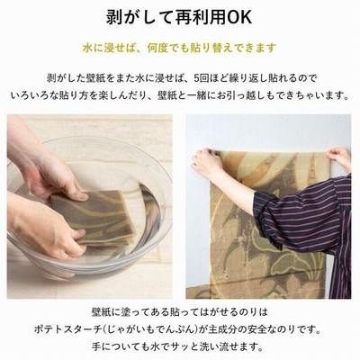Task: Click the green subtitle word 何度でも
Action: coord(168,48)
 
